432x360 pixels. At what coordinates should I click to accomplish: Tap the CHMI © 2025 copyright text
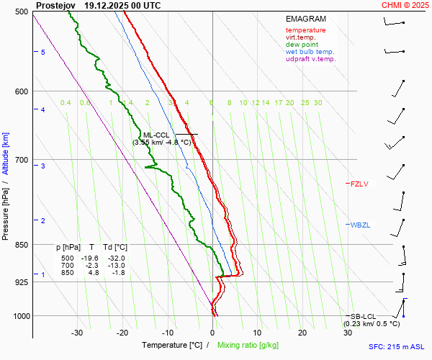[x=406, y=5]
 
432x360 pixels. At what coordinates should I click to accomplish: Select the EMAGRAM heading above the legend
[x=306, y=19]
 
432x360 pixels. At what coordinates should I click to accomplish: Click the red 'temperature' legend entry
[x=305, y=30]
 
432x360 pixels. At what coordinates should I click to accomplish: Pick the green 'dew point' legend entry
[x=302, y=45]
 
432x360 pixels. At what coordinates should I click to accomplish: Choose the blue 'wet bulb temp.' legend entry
[x=310, y=52]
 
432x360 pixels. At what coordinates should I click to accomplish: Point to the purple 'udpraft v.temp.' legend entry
[x=310, y=59]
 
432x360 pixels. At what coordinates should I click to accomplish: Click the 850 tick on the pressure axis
[x=20, y=246]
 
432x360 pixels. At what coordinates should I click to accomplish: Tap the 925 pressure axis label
[x=20, y=282]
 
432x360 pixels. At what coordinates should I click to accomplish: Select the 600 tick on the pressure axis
[x=20, y=91]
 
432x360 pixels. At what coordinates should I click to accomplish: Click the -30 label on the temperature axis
[x=77, y=333]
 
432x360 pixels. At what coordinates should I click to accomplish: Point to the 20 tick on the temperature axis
[x=302, y=333]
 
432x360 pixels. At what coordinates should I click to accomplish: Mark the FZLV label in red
[x=359, y=184]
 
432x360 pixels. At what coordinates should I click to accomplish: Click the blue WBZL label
[x=360, y=225]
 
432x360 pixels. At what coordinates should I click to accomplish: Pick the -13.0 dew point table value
[x=115, y=266]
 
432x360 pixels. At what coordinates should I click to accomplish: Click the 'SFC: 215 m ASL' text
[x=398, y=347]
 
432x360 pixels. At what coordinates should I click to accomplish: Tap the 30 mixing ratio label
[x=318, y=103]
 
